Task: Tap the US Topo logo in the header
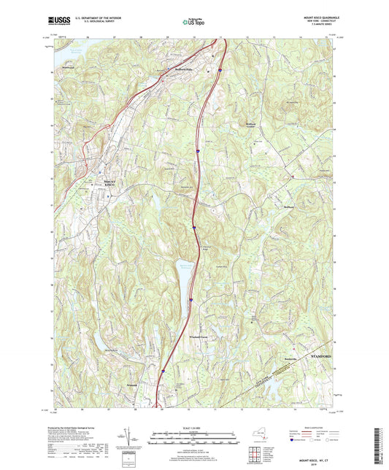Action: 194,22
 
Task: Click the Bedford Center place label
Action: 250,125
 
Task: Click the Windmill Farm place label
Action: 199,336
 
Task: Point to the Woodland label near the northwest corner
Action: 69,69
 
